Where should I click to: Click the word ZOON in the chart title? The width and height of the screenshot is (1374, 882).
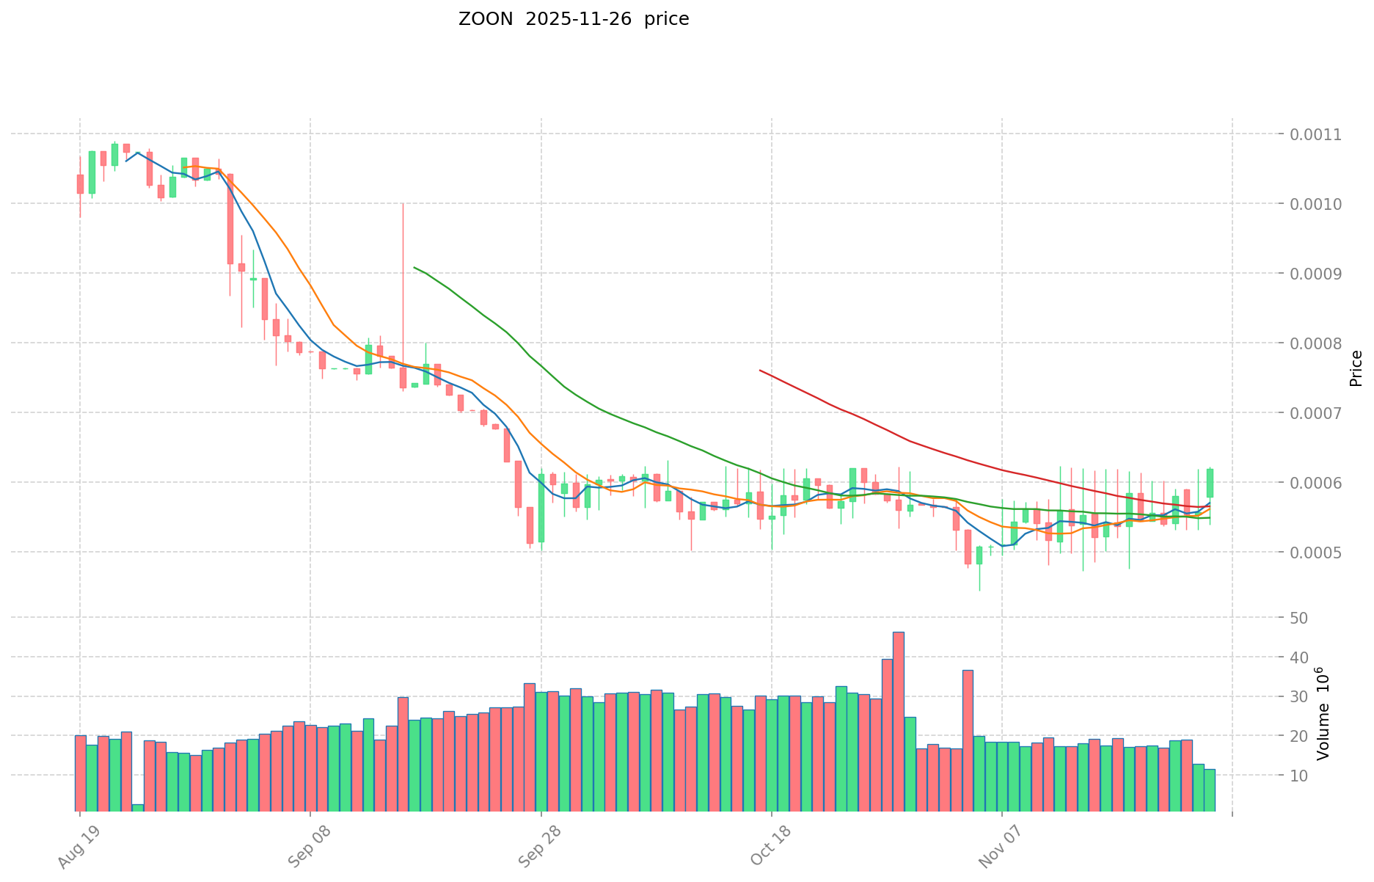(x=486, y=20)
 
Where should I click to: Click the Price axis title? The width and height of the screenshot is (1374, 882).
(x=1356, y=368)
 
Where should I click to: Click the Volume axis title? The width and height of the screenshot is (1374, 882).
(x=1323, y=713)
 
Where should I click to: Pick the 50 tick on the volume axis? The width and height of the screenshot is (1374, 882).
(x=1299, y=618)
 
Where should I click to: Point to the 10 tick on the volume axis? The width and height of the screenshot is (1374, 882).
(x=1299, y=776)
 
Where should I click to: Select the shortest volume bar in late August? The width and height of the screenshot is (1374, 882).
(x=138, y=807)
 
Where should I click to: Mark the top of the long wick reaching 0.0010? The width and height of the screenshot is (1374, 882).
(x=403, y=204)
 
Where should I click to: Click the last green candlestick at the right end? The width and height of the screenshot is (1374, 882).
(x=1210, y=483)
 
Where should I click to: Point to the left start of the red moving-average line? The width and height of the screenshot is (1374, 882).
(x=760, y=371)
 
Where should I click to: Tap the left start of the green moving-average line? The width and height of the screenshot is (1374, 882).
(x=414, y=268)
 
